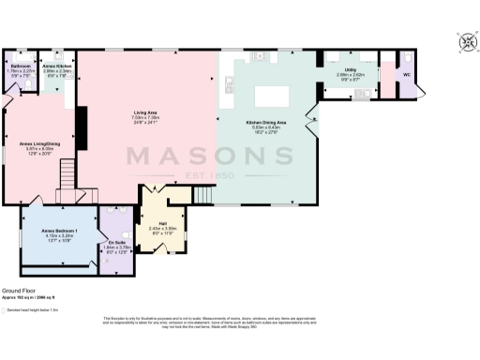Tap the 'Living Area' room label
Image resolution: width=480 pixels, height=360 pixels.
143,112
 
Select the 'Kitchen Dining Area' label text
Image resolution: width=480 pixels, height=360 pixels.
266,122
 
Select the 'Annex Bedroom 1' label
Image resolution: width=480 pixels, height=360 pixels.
59,230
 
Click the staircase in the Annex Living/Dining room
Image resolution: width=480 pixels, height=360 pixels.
67,172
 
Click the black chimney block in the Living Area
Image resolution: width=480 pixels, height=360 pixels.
82,121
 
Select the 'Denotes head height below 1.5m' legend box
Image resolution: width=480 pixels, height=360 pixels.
7,308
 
